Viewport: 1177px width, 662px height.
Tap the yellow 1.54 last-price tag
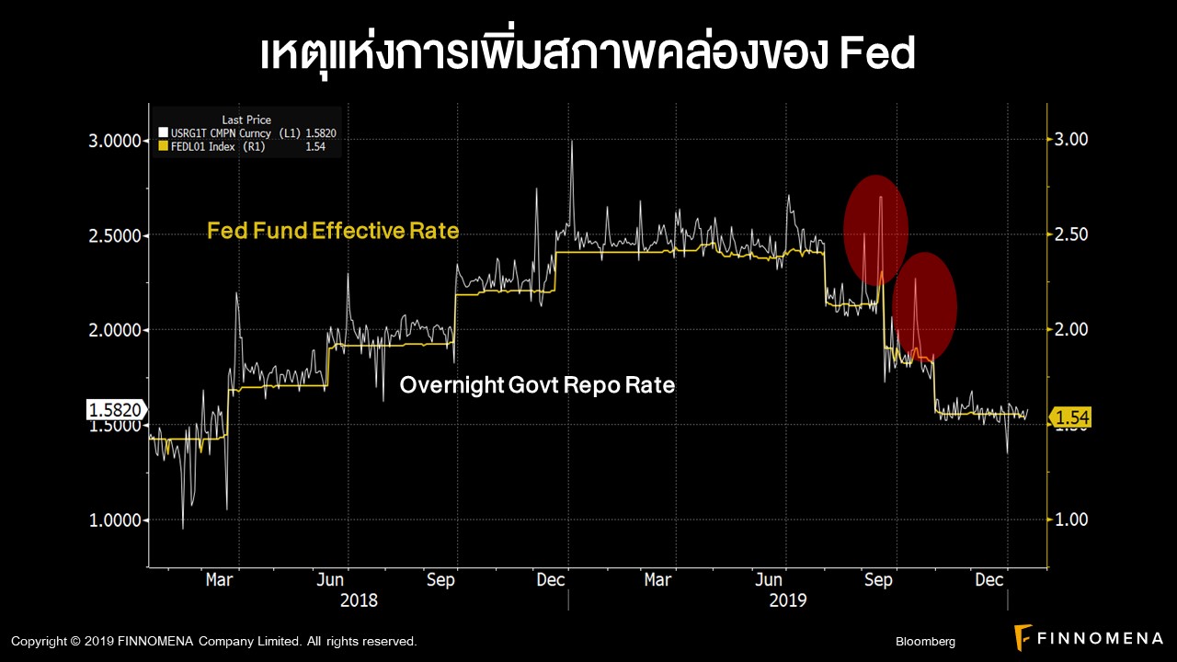point(1071,418)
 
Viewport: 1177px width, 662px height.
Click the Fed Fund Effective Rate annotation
point(333,231)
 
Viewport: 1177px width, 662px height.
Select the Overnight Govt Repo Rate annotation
point(537,385)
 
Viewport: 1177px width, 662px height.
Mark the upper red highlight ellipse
point(876,229)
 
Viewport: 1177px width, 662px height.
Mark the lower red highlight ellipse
point(924,307)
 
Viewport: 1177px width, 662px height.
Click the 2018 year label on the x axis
point(359,600)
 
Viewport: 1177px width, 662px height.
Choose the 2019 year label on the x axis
point(788,600)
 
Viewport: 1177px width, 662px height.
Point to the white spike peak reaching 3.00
point(571,142)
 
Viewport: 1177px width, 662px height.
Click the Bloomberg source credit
point(925,641)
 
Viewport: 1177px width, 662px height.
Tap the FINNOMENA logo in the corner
point(1088,636)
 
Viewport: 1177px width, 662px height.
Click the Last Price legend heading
point(246,120)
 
